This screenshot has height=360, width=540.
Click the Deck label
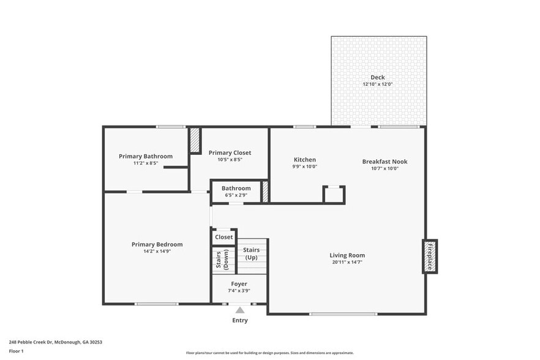tap(377, 77)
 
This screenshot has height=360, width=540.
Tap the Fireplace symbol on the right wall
tap(430, 256)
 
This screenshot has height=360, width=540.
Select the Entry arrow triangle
tap(240, 310)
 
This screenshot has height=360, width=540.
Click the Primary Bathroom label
tap(146, 156)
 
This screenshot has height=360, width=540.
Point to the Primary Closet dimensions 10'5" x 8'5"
tap(230, 160)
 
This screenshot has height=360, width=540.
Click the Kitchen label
tap(304, 160)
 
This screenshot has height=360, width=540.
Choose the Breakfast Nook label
tap(384, 162)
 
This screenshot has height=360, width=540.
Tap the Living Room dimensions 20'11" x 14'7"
tap(347, 262)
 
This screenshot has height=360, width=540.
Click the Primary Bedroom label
tap(157, 244)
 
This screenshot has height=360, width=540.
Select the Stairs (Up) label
tap(252, 253)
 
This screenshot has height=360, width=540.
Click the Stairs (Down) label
tap(223, 260)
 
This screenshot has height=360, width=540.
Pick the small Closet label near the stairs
tap(223, 237)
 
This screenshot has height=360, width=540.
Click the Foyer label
tap(239, 284)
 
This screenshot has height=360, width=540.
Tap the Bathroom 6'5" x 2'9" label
tap(236, 191)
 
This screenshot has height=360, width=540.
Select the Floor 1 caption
tap(16, 351)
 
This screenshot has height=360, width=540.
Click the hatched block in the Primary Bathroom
tap(195, 140)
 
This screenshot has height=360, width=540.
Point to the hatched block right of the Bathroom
tap(265, 191)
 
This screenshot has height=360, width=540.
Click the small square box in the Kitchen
tap(334, 194)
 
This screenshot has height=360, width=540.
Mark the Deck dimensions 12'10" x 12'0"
tap(377, 84)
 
